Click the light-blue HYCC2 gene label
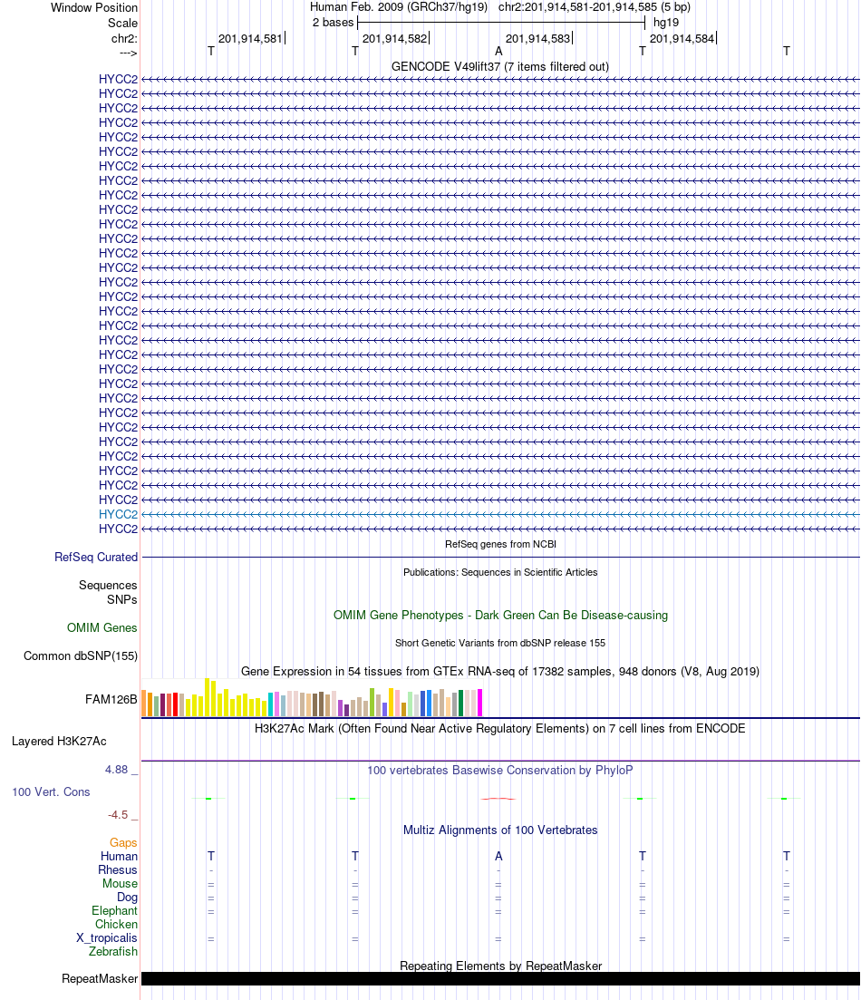coord(118,514)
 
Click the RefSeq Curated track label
coord(96,558)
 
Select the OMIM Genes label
coord(102,628)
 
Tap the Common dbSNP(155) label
coord(81,656)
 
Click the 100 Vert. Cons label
coord(51,792)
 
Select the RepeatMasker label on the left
coord(100,979)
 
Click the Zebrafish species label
coord(113,952)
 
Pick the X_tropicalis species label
coord(107,938)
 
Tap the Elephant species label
coord(114,911)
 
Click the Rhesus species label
coord(118,870)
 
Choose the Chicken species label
coord(116,925)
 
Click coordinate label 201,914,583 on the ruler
coord(537,39)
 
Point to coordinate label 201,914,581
coord(250,39)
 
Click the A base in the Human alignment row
coord(498,857)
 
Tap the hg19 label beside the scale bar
coord(666,22)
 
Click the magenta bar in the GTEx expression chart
coord(480,703)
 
